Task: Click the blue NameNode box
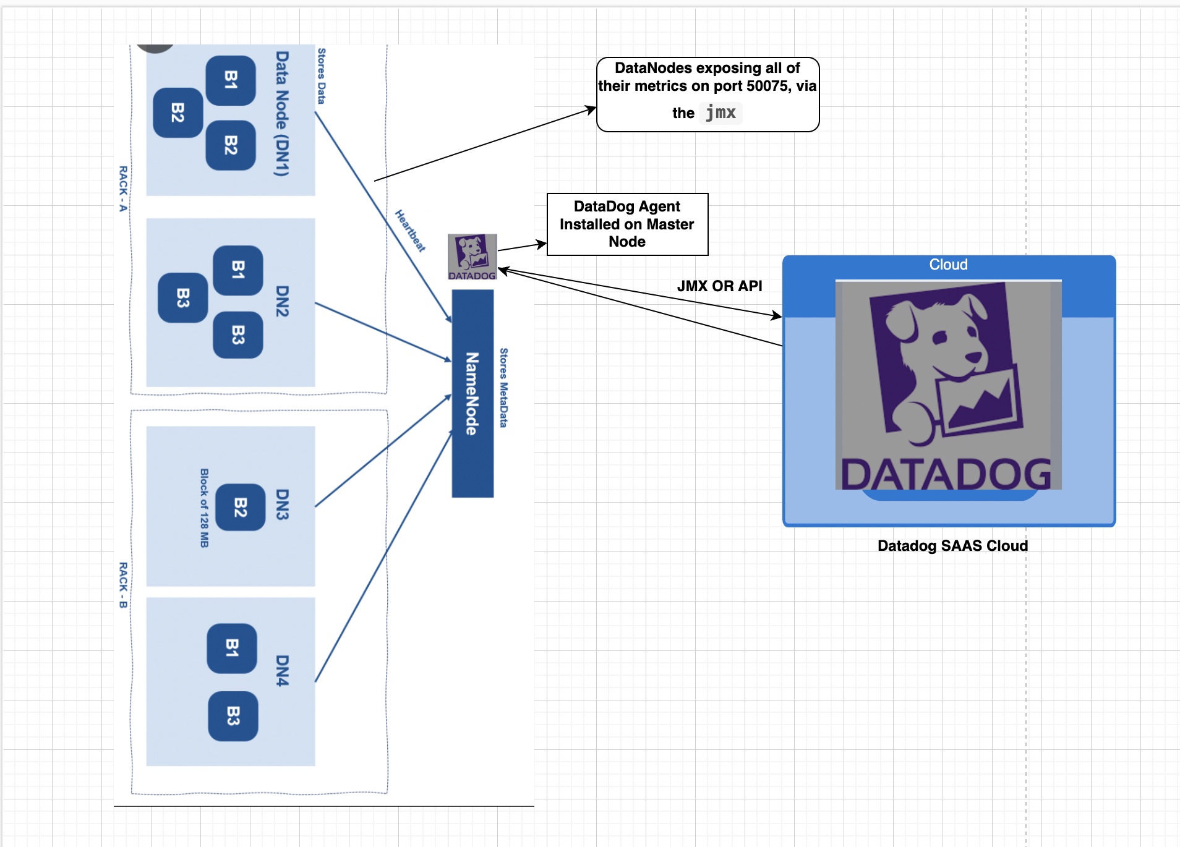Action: (x=472, y=393)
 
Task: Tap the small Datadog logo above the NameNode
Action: (x=472, y=256)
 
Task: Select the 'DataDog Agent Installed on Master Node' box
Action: (x=627, y=224)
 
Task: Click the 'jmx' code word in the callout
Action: (x=720, y=113)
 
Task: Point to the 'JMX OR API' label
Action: (x=719, y=286)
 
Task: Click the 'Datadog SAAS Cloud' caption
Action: (x=952, y=545)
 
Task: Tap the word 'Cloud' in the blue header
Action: (x=948, y=265)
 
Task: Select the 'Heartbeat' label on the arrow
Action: (x=410, y=231)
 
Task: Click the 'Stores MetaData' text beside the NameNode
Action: (x=503, y=388)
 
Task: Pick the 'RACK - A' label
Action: (x=123, y=189)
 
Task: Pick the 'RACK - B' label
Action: (x=123, y=585)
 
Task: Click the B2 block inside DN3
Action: (x=241, y=507)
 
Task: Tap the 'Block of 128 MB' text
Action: (x=204, y=508)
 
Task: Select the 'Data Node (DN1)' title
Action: (x=282, y=114)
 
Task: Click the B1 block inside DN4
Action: (x=232, y=648)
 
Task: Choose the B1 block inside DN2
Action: (x=238, y=270)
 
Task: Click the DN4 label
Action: (x=282, y=670)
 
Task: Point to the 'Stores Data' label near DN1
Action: (x=321, y=75)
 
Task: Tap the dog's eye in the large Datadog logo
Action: (x=939, y=338)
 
